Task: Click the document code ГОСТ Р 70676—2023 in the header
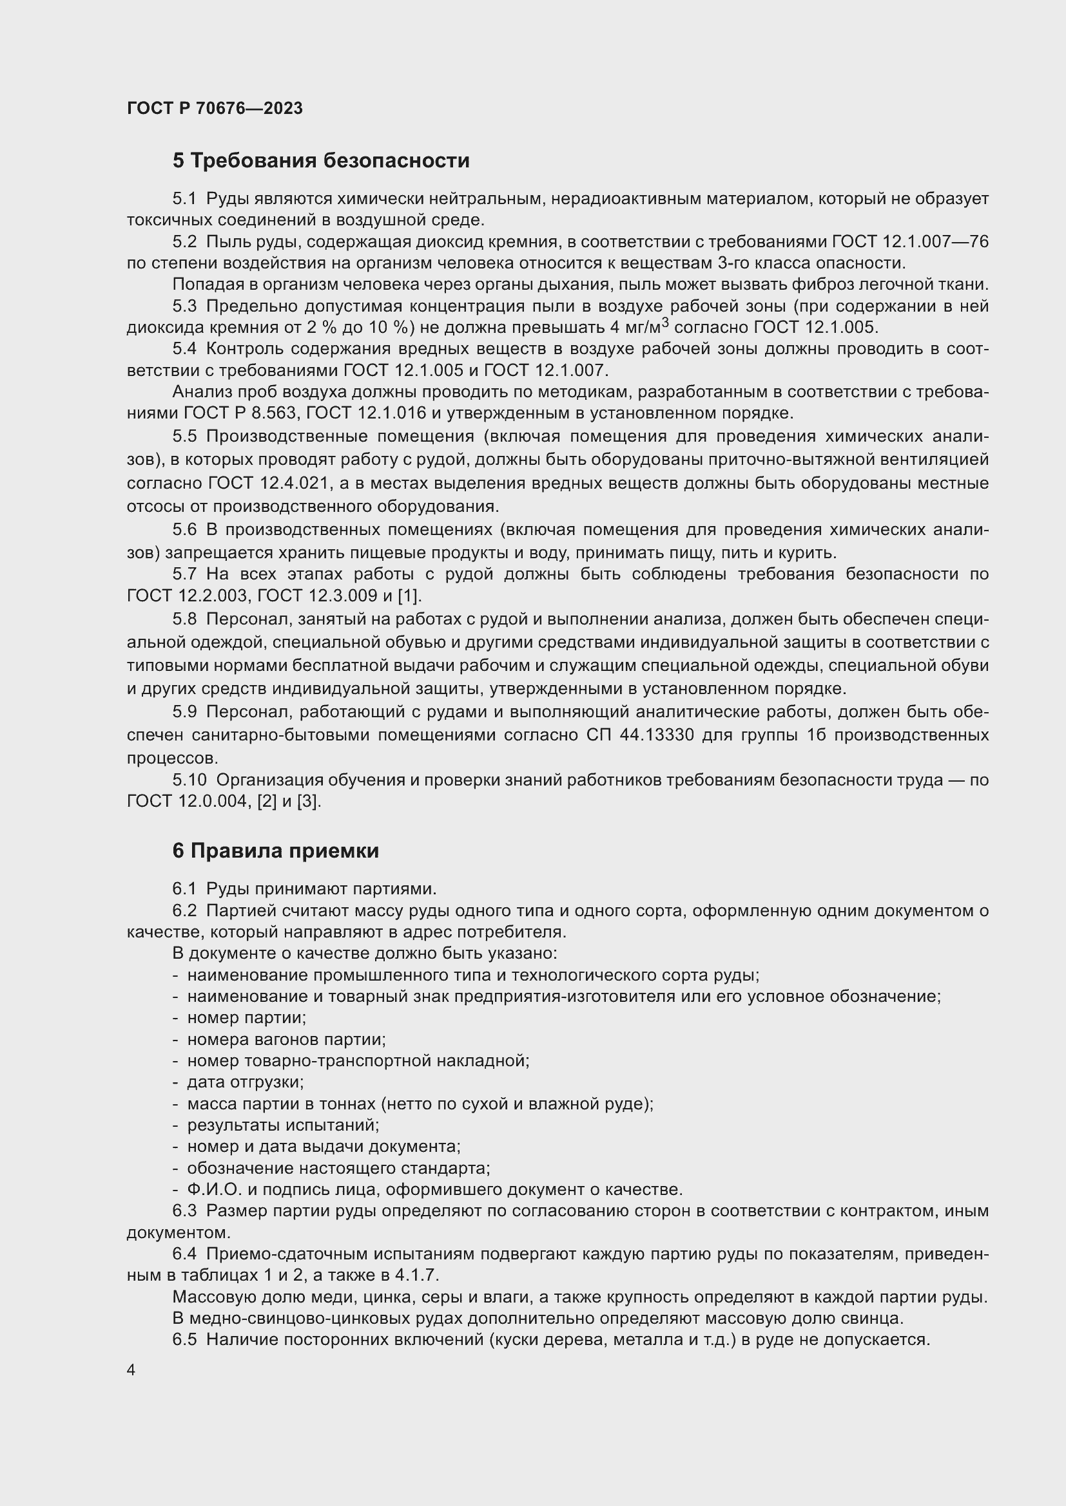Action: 215,108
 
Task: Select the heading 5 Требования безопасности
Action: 321,161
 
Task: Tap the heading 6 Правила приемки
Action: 276,851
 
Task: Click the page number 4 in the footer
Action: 131,1370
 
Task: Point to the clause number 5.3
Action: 184,306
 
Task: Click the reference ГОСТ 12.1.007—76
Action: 910,242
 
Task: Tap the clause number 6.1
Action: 184,889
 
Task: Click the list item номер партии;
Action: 246,1017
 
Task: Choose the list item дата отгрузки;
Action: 245,1082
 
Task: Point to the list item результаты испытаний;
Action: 283,1125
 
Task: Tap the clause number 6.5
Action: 184,1339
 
